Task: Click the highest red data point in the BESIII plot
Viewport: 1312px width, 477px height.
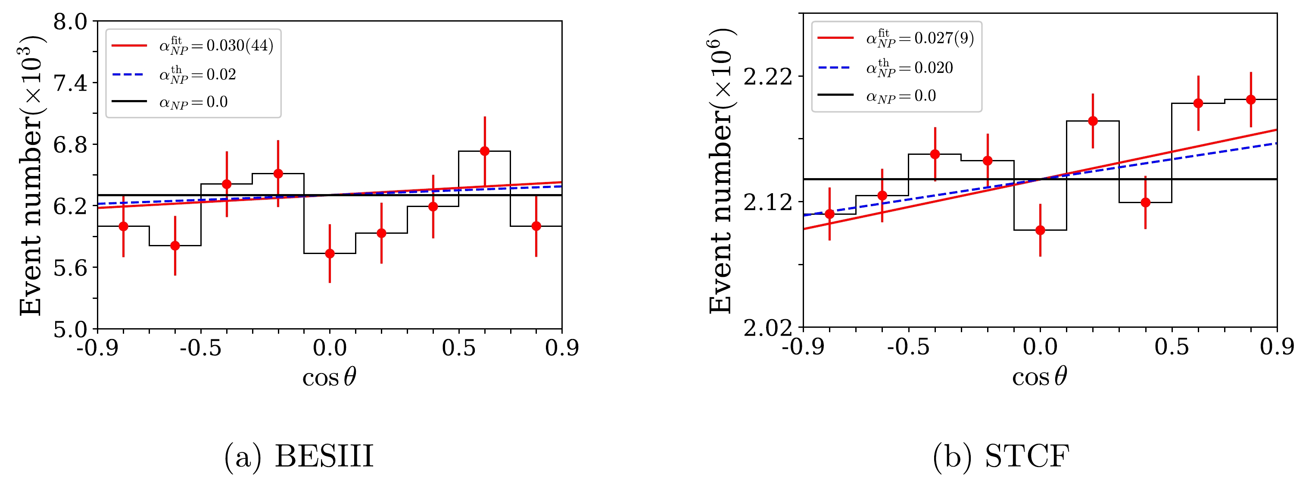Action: (x=484, y=151)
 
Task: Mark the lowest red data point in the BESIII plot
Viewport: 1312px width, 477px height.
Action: (x=330, y=253)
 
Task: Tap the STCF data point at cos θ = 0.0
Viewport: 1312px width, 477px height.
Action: (x=1040, y=230)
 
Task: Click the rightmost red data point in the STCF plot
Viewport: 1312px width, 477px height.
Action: (x=1250, y=99)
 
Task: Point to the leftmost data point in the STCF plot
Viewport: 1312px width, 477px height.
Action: (x=830, y=214)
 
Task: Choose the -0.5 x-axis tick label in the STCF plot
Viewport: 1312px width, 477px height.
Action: (x=908, y=348)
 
